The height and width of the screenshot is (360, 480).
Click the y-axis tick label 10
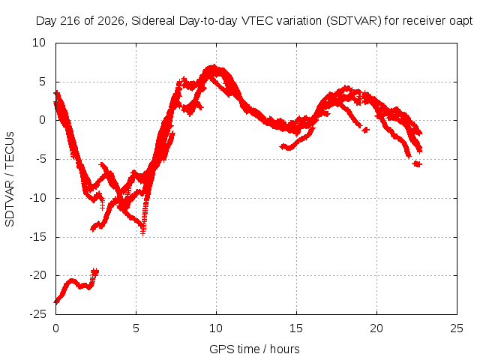tap(39, 43)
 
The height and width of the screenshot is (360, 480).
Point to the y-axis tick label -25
tap(38, 314)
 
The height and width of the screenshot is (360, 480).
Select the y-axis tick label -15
tap(38, 237)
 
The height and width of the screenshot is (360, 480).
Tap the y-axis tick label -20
tap(38, 275)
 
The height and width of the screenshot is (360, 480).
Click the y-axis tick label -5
tap(40, 159)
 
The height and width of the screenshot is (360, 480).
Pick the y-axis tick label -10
tap(38, 198)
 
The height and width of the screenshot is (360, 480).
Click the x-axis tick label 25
tap(457, 328)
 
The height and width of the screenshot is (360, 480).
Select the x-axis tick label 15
tap(296, 328)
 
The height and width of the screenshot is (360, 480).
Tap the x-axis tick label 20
tap(376, 328)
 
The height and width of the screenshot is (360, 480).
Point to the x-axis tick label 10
tap(216, 328)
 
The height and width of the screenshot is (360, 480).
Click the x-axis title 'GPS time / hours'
tap(254, 349)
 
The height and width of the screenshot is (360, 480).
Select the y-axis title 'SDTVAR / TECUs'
tap(10, 179)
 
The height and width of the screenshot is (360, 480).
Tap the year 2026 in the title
tap(110, 21)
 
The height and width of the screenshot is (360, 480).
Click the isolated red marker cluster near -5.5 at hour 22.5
tap(417, 164)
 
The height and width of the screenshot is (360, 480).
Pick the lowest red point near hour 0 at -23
tap(55, 302)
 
